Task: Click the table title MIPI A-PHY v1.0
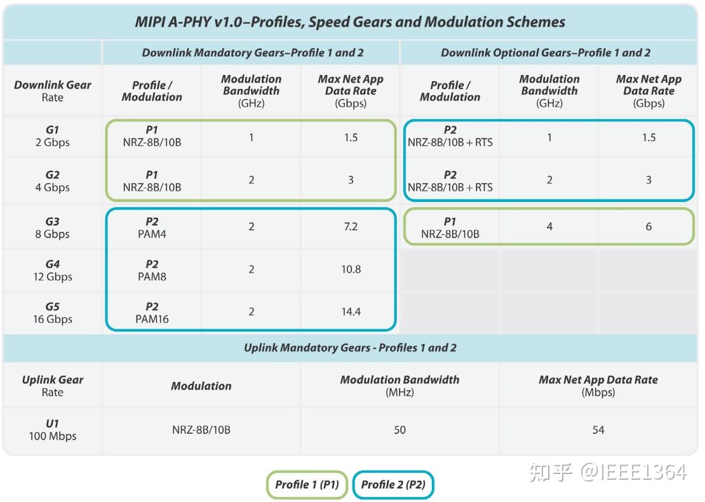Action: [350, 22]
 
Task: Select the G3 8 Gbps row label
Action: [52, 227]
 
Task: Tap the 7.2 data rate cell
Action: [351, 227]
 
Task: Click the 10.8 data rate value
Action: [351, 269]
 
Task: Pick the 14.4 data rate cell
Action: [351, 312]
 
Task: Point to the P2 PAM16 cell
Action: [152, 313]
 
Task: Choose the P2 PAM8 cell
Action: [152, 270]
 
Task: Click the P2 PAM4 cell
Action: [152, 227]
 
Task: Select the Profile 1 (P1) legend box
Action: [307, 485]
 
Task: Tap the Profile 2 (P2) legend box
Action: [393, 485]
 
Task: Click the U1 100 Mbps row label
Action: [52, 430]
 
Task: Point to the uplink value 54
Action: [598, 430]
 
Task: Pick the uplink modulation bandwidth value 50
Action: [399, 430]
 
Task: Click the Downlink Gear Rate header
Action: [52, 91]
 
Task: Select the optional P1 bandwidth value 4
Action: [549, 226]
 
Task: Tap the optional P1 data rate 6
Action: [648, 226]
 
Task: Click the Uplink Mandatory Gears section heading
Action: [350, 348]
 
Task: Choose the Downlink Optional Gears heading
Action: [546, 53]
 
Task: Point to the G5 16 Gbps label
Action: [52, 313]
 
